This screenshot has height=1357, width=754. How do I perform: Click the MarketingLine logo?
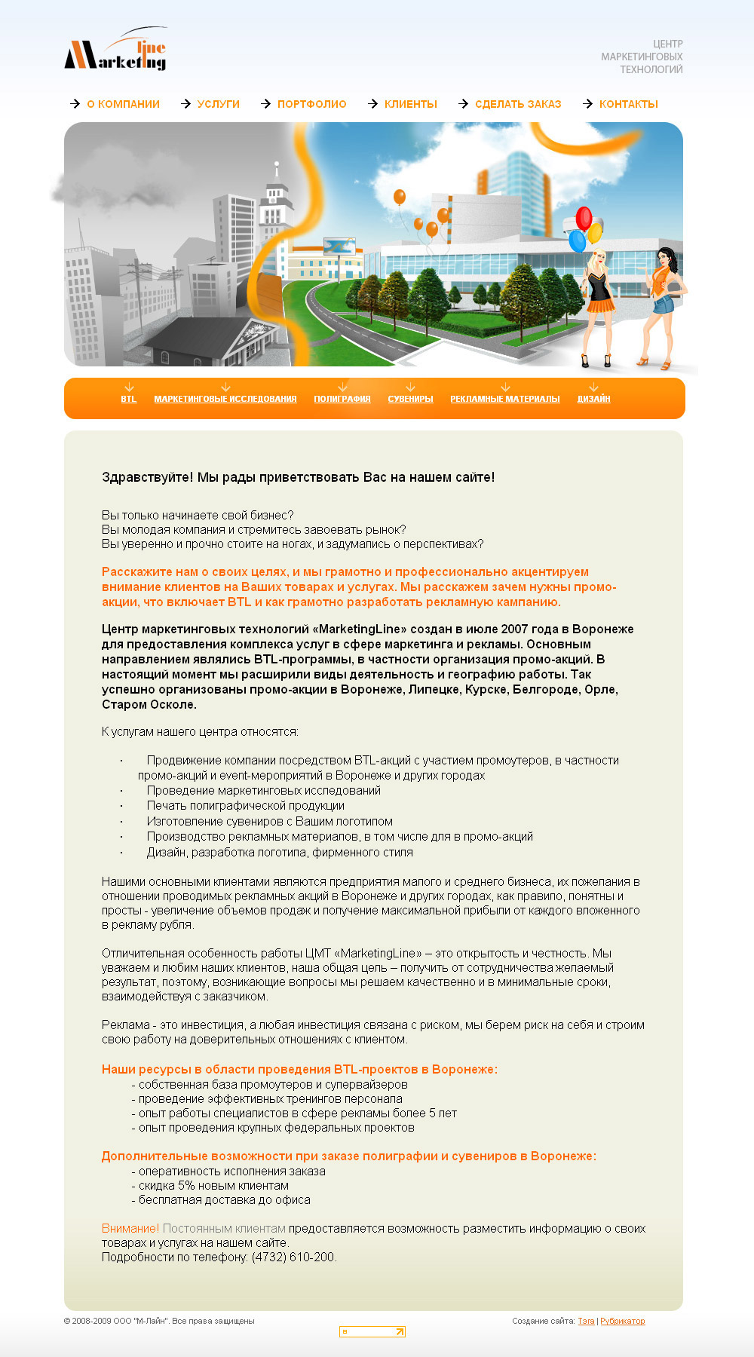point(116,51)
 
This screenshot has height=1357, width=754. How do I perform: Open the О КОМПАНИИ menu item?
point(123,104)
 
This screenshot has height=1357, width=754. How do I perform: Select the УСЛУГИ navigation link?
point(218,104)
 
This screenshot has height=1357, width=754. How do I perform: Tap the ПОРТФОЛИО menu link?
point(311,104)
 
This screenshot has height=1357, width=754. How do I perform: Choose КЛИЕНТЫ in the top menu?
point(410,104)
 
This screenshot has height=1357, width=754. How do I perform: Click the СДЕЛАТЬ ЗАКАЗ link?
point(518,104)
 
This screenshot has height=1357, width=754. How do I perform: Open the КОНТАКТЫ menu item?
point(628,104)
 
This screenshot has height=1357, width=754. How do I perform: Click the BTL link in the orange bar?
point(129,399)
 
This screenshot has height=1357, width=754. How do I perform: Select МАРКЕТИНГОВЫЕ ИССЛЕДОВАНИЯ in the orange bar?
point(225,399)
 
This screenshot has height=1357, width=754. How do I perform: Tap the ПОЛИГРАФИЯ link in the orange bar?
point(342,399)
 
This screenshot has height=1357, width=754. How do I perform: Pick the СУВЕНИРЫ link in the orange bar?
point(410,399)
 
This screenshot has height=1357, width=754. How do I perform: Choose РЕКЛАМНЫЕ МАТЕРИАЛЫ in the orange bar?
point(505,399)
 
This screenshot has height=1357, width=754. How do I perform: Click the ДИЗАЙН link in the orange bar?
point(593,399)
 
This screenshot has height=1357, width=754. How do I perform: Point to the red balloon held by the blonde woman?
point(584,218)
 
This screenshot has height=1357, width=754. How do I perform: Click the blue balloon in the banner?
point(577,240)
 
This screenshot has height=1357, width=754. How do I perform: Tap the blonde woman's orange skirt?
point(600,305)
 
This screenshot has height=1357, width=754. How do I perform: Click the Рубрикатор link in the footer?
point(622,1321)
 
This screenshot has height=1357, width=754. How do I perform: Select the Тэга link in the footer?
point(586,1321)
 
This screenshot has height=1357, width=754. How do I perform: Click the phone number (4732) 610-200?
point(293,1257)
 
